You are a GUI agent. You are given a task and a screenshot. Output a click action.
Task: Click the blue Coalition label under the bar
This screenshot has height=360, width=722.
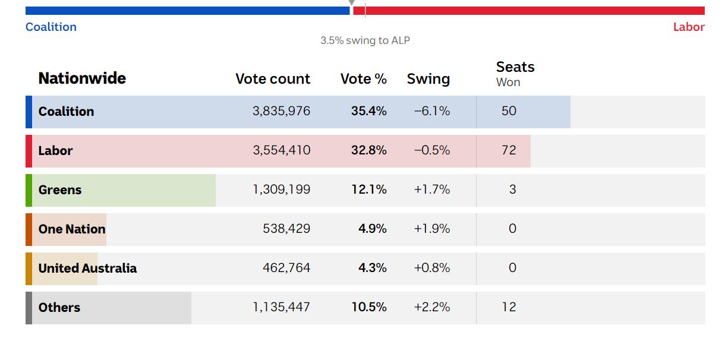[51, 27]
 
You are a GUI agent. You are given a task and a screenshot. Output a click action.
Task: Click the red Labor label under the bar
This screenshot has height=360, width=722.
[688, 27]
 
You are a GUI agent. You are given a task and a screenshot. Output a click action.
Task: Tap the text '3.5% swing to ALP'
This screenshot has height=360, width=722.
[365, 40]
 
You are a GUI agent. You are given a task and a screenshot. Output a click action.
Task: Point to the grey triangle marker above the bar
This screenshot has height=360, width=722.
[351, 4]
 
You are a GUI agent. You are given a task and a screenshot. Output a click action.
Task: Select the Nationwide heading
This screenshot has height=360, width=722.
[82, 78]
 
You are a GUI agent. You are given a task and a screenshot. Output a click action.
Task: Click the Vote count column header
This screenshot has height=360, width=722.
[273, 79]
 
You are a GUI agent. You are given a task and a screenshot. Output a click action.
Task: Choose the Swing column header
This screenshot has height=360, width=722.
[428, 79]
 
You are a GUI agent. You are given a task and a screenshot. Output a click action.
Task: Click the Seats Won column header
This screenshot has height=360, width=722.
[515, 74]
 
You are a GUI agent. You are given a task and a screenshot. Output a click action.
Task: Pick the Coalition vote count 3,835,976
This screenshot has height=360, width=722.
[281, 111]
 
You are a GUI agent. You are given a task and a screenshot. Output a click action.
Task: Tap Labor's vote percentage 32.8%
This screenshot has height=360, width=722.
[368, 150]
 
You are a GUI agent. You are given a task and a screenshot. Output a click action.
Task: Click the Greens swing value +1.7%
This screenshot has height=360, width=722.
[431, 190]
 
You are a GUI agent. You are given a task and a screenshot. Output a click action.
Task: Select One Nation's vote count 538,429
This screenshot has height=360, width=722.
[286, 229]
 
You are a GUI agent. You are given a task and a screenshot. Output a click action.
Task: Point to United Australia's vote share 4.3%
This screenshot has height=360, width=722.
[373, 268]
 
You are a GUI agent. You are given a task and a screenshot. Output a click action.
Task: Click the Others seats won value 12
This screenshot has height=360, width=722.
[509, 307]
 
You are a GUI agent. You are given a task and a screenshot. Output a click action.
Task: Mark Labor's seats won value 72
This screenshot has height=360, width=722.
[509, 150]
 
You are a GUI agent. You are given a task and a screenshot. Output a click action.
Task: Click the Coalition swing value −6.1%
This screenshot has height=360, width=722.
[431, 111]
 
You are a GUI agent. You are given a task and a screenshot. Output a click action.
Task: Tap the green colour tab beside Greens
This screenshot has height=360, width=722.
[29, 190]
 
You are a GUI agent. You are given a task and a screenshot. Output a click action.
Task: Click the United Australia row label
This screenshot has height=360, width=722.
[87, 268]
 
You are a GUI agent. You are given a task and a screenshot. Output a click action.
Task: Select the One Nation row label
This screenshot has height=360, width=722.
[72, 229]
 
